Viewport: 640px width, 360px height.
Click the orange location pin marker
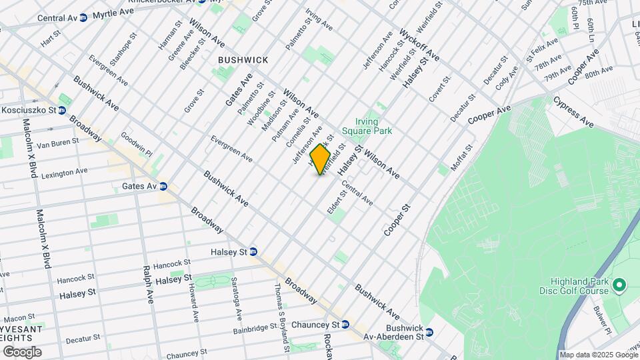point(321,160)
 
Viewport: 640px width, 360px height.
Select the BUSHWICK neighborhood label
point(243,60)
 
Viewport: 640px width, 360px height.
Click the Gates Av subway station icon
point(163,187)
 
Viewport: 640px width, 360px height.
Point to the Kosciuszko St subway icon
point(61,110)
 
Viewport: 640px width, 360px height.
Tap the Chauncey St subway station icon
point(345,325)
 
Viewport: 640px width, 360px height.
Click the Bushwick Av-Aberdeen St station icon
point(429,332)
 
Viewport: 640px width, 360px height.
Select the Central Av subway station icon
point(83,18)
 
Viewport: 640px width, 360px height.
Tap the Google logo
point(22,352)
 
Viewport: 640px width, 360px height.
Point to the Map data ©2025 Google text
point(598,355)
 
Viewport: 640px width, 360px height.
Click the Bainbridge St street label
point(255,329)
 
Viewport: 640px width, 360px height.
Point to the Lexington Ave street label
point(65,172)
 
